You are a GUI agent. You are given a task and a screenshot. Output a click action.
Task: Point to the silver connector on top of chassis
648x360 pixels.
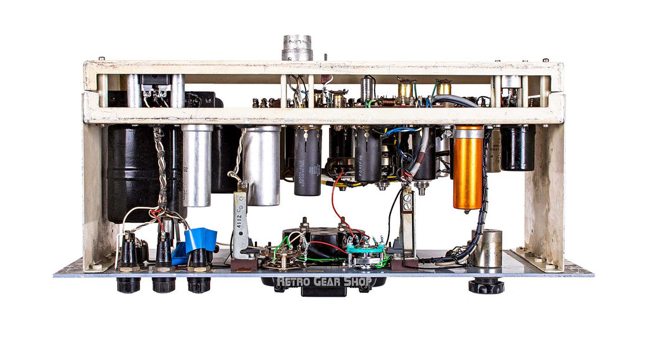[297, 47]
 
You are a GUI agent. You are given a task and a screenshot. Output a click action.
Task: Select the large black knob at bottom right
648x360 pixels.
[486, 285]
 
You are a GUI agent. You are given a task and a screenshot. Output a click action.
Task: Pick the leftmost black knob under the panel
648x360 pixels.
[128, 285]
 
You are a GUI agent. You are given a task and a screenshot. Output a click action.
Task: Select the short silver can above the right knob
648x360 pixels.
[487, 248]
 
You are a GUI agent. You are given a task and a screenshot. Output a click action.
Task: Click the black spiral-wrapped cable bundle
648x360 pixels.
[483, 196]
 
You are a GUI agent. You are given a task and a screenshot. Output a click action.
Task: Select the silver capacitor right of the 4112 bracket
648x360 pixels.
[261, 164]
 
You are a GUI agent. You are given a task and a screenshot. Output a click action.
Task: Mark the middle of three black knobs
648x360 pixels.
[163, 285]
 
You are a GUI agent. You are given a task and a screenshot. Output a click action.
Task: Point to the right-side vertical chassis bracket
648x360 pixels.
[543, 190]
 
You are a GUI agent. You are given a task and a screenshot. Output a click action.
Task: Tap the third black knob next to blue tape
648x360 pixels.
[198, 285]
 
